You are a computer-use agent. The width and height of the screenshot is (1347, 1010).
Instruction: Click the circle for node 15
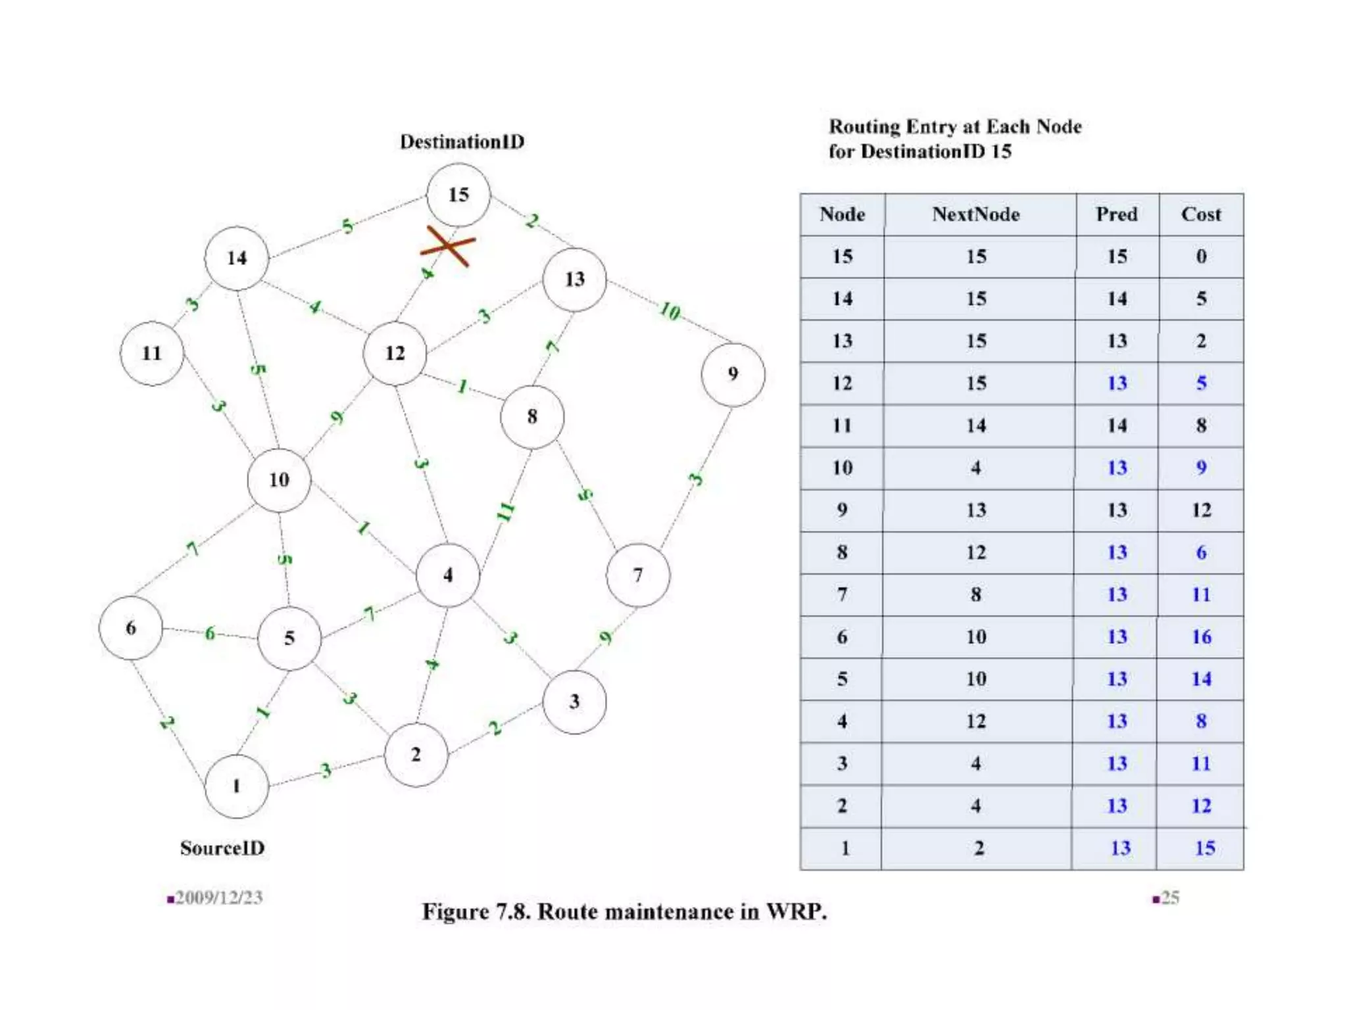tap(458, 195)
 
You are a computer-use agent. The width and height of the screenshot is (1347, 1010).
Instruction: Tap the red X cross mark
tap(448, 246)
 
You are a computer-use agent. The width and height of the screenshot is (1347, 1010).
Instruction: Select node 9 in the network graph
tap(733, 374)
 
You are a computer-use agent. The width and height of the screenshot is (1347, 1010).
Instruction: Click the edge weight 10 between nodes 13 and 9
tap(670, 310)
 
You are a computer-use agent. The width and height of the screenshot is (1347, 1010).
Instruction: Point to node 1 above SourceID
tap(236, 786)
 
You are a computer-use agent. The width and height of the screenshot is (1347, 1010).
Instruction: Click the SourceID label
tap(222, 848)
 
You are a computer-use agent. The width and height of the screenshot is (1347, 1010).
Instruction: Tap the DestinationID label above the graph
tap(462, 142)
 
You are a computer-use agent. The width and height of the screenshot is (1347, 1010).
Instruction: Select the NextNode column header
tap(975, 214)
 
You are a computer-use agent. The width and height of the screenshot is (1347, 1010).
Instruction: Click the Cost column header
tap(1200, 214)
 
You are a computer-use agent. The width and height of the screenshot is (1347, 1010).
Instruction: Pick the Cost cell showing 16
tap(1201, 637)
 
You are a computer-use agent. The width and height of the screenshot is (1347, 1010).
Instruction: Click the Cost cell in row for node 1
tap(1204, 848)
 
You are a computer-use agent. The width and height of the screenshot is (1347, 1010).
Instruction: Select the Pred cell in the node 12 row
tap(1117, 383)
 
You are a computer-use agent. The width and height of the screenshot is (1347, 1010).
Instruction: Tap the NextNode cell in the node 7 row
tap(976, 595)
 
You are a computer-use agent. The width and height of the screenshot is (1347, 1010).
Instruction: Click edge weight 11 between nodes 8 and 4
tap(505, 511)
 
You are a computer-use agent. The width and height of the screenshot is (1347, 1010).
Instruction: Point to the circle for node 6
tap(130, 628)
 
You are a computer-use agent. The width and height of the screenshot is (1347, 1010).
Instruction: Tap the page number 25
tap(1169, 898)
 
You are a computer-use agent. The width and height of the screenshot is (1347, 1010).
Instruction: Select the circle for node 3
tap(574, 702)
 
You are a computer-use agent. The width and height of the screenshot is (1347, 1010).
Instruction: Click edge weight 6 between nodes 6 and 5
tap(210, 633)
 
